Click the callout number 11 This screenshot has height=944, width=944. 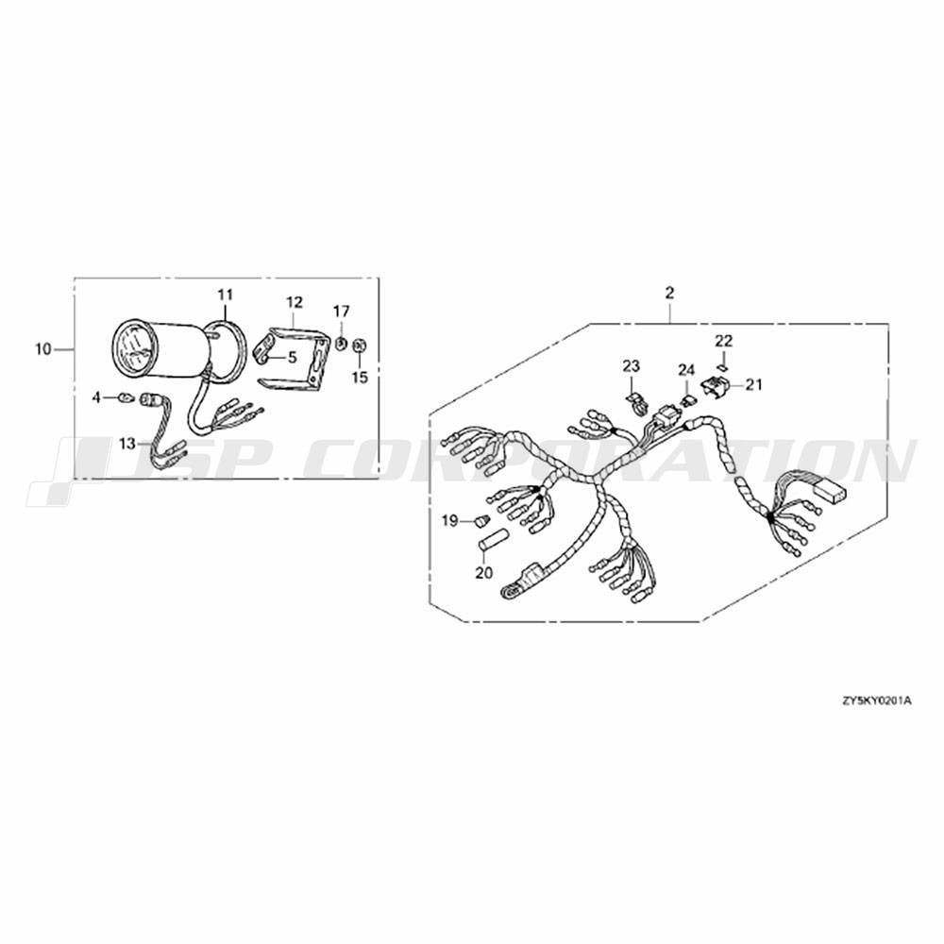click(x=225, y=295)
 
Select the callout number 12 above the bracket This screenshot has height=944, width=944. click(x=295, y=302)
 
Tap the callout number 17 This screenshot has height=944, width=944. click(x=342, y=312)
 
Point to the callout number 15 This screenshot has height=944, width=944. click(x=360, y=379)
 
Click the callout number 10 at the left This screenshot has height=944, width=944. click(x=43, y=349)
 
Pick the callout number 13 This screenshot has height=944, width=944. click(x=127, y=445)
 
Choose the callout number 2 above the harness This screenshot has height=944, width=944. click(x=670, y=294)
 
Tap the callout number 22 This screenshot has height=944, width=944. click(x=724, y=342)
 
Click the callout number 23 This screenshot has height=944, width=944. click(x=632, y=366)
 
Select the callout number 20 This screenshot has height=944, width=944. click(x=483, y=573)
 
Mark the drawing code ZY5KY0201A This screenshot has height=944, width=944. click(x=877, y=700)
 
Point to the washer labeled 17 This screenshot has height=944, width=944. click(x=341, y=344)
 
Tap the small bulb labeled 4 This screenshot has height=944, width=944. click(x=127, y=397)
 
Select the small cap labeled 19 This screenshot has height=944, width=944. click(x=480, y=520)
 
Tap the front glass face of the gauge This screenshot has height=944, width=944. click(x=131, y=348)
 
